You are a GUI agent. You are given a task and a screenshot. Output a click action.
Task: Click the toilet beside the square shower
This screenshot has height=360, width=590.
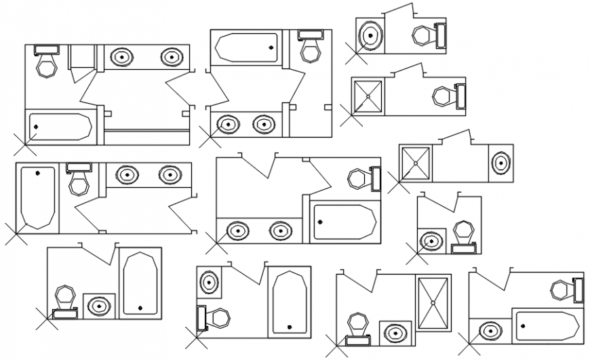(444, 96)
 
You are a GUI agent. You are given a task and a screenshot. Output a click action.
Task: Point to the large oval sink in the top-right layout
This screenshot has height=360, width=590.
(370, 35)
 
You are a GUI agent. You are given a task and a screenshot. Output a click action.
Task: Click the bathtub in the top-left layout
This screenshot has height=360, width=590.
(60, 127)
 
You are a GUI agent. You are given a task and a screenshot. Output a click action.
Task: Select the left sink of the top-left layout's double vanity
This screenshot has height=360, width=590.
(121, 57)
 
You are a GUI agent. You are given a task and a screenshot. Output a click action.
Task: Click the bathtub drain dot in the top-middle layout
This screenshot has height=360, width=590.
(271, 47)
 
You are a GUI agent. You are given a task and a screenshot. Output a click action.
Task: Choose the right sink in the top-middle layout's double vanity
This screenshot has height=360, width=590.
(263, 124)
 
